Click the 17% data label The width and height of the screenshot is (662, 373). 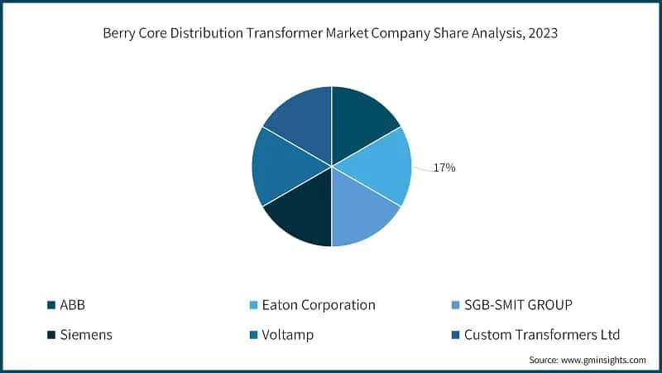pos(444,168)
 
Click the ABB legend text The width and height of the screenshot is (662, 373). pos(73,305)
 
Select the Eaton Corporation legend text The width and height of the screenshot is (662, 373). pos(319,305)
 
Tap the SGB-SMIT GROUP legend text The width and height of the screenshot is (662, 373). pos(518,305)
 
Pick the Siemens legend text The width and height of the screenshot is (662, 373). pos(85,335)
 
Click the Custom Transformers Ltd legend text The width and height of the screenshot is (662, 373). pos(542,335)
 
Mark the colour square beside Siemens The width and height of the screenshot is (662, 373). pos(51,335)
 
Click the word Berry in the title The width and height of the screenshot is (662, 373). pos(119,34)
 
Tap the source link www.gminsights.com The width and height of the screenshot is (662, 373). pos(603,361)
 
